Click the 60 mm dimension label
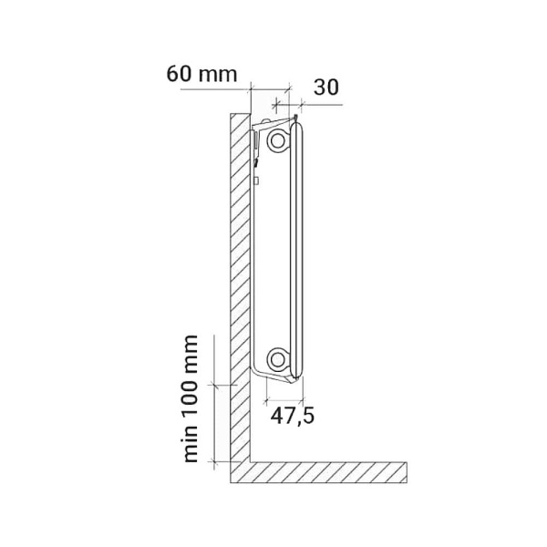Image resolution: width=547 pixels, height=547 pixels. [x=201, y=75]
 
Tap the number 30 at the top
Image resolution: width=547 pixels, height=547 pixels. [x=326, y=88]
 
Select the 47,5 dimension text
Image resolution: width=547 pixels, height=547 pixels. [x=293, y=416]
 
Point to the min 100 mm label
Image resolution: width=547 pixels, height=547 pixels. [x=191, y=399]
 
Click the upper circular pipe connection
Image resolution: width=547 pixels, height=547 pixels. [x=278, y=140]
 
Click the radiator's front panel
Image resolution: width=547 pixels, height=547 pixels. [x=297, y=251]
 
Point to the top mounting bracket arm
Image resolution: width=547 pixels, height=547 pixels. [x=273, y=123]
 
